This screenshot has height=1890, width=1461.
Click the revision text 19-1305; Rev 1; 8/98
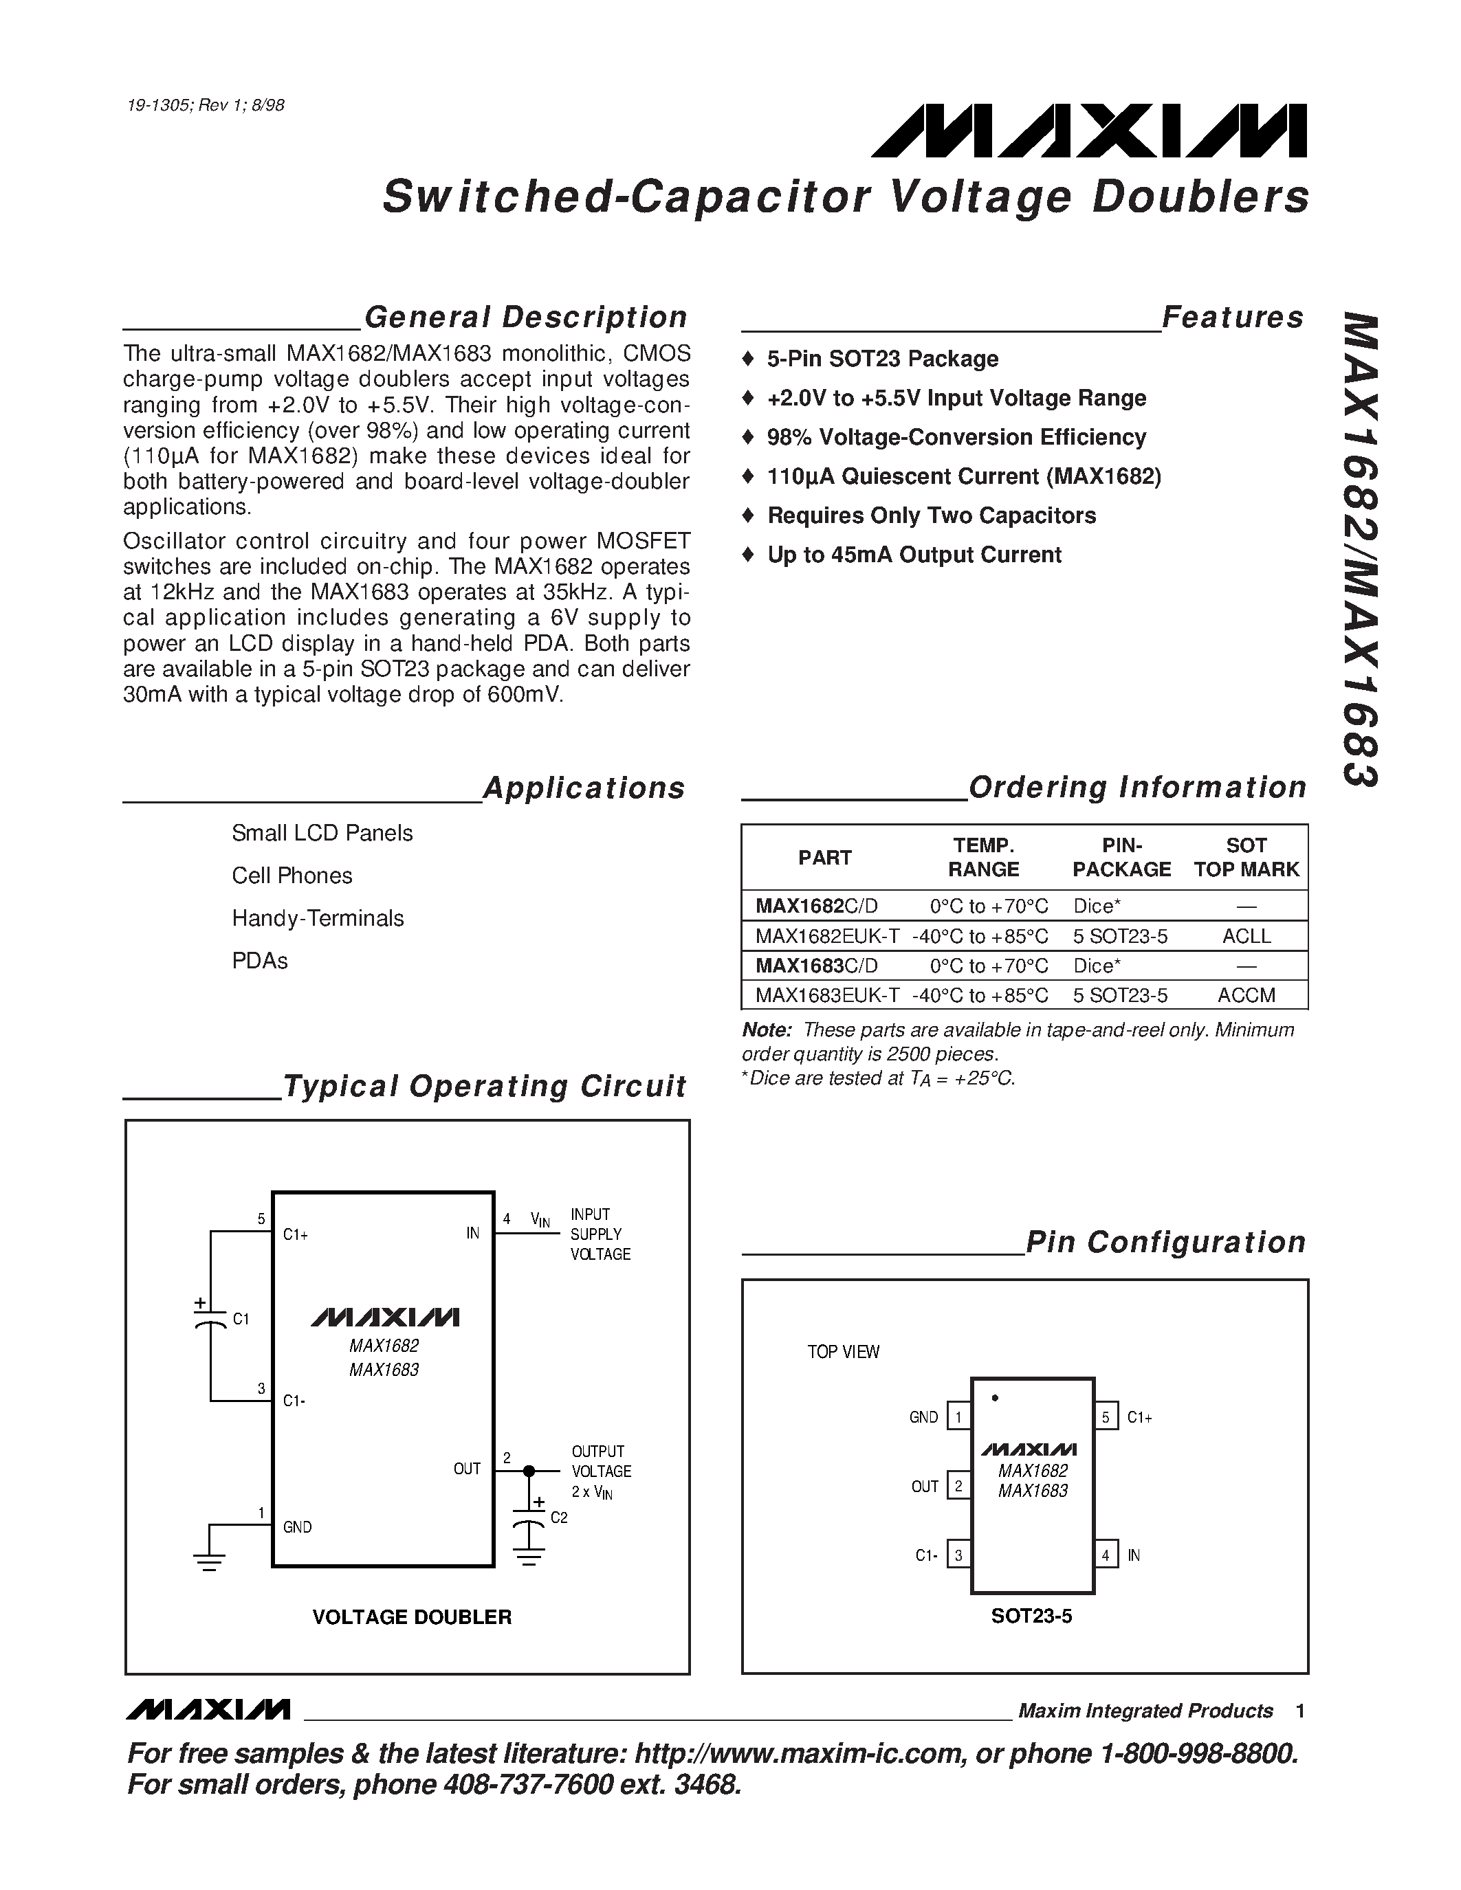tap(205, 106)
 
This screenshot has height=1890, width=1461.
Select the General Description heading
tap(525, 317)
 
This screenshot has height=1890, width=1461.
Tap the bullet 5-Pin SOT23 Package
tap(881, 359)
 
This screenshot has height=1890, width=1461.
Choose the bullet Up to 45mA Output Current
tap(913, 555)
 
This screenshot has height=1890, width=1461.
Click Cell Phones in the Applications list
tap(292, 876)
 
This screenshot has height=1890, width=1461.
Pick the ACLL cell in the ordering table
tap(1246, 936)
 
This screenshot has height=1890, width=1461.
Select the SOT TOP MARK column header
tap(1246, 858)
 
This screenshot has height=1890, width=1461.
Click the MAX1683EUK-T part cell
tap(826, 995)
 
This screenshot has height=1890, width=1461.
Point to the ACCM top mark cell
tap(1246, 995)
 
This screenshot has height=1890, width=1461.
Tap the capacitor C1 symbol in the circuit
tap(210, 1320)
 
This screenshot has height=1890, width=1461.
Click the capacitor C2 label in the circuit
tap(559, 1518)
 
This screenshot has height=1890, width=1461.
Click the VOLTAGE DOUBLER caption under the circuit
tap(412, 1617)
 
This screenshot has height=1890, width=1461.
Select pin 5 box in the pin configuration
tap(1106, 1416)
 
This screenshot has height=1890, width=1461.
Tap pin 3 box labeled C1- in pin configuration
tap(958, 1555)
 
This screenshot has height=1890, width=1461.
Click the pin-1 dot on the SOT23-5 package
tap(994, 1398)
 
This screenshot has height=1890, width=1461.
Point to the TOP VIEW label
tap(843, 1352)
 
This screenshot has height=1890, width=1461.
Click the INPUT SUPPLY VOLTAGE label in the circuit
tap(600, 1234)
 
